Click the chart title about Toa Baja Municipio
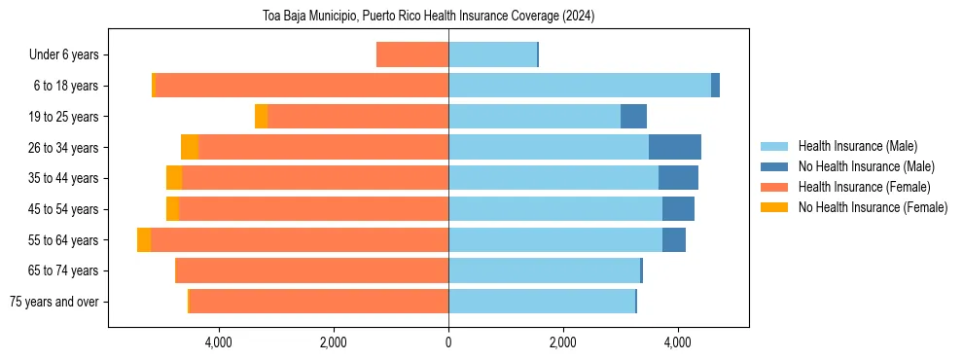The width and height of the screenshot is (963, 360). (x=428, y=17)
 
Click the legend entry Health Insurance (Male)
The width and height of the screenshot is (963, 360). (x=857, y=146)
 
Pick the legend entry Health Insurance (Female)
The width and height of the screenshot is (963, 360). (x=863, y=187)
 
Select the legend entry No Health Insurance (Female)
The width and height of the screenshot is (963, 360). (x=872, y=207)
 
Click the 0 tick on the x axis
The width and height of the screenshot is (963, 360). (x=448, y=342)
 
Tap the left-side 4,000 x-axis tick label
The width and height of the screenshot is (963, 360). (x=218, y=342)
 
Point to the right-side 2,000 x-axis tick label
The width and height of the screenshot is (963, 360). (x=563, y=342)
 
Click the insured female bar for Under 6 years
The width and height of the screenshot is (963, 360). (x=412, y=55)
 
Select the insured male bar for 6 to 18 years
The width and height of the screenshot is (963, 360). (x=580, y=86)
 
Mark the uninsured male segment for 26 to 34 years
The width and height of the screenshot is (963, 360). (x=675, y=148)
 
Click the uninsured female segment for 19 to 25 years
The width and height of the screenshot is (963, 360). (x=262, y=117)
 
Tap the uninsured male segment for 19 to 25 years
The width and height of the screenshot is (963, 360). (x=633, y=117)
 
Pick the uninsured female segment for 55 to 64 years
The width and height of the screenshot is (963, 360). (x=144, y=240)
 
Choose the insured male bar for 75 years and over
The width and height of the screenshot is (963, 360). (x=542, y=302)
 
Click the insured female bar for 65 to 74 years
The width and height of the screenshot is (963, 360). (x=311, y=270)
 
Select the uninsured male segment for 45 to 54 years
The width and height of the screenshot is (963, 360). (x=678, y=209)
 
